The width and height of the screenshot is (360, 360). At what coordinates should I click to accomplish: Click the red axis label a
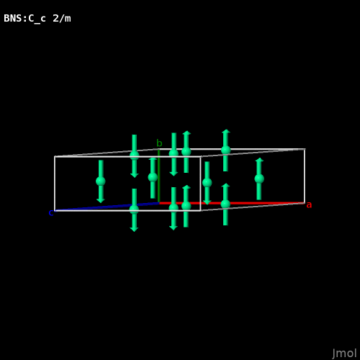pyautogui.click(x=309, y=205)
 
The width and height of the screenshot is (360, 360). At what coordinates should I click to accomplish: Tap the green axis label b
pyautogui.click(x=159, y=143)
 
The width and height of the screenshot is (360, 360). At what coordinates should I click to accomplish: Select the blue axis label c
pyautogui.click(x=51, y=213)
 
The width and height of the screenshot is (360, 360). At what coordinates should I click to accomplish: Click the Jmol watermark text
pyautogui.click(x=344, y=354)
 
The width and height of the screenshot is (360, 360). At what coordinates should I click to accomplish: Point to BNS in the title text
pyautogui.click(x=13, y=18)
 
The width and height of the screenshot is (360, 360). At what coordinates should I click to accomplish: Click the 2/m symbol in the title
pyautogui.click(x=62, y=18)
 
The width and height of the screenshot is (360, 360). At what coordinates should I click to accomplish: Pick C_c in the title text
pyautogui.click(x=37, y=19)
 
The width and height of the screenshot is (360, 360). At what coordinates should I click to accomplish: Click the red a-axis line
pyautogui.click(x=232, y=203)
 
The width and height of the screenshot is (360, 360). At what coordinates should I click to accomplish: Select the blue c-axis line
pyautogui.click(x=107, y=207)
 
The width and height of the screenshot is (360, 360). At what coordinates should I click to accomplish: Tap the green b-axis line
pyautogui.click(x=158, y=176)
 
